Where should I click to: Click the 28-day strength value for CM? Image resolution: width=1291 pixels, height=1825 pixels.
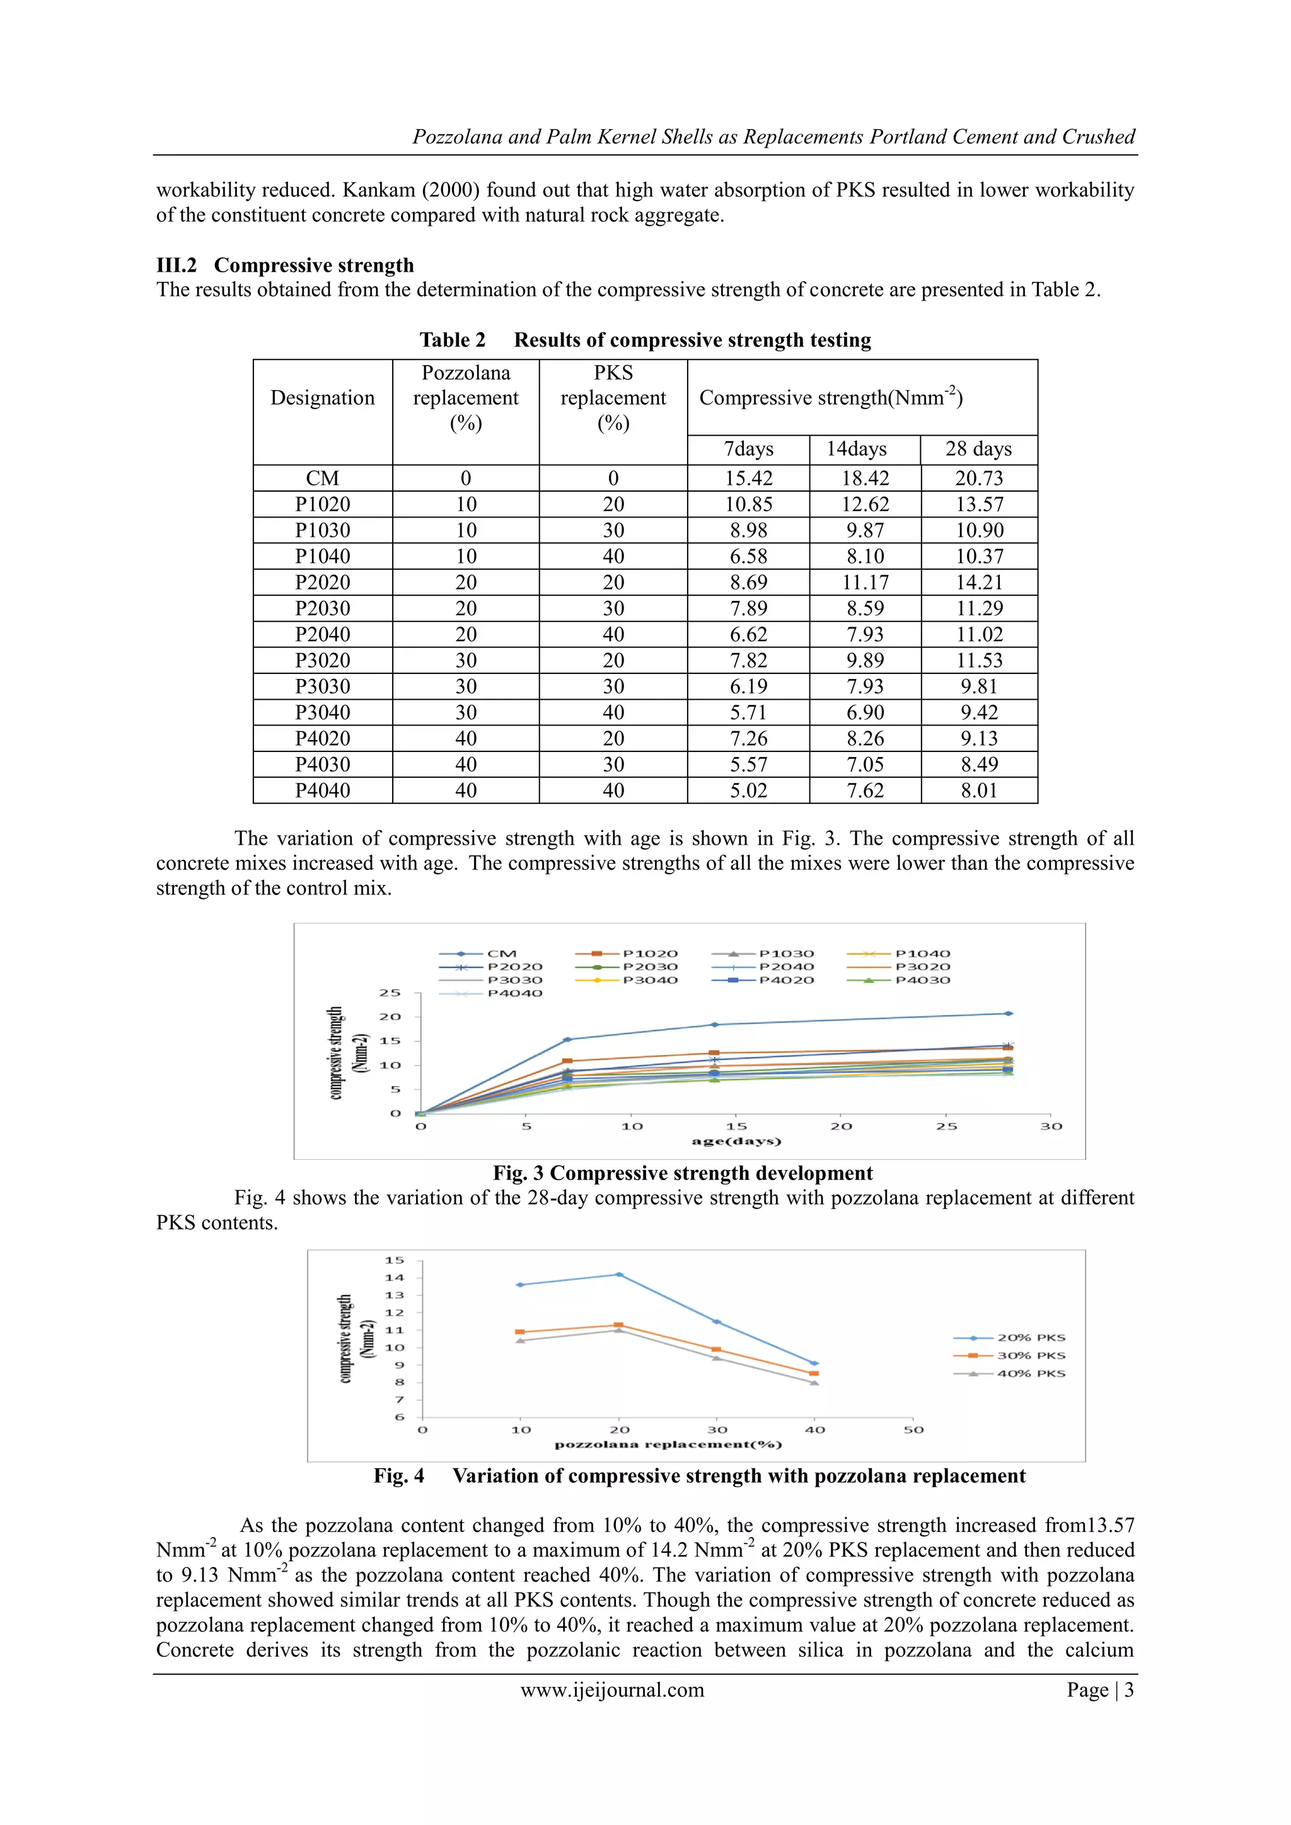point(978,478)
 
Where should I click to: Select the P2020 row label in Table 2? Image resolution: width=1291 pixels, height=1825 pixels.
point(322,582)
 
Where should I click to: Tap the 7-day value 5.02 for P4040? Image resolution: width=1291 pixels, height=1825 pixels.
point(748,791)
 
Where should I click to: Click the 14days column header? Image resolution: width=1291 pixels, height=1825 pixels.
point(856,449)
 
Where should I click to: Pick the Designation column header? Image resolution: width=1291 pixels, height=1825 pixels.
point(322,398)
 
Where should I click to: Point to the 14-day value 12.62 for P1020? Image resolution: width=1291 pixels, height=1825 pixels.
point(864,505)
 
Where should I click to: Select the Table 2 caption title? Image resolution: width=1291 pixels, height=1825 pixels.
point(645,340)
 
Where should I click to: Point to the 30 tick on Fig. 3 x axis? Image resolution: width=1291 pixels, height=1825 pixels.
point(1051,1127)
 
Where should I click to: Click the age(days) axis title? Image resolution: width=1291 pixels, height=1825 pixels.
point(736,1142)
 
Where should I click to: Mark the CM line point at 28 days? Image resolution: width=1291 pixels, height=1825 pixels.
point(1009,1014)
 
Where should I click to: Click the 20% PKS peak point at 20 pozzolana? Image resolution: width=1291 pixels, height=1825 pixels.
point(619,1274)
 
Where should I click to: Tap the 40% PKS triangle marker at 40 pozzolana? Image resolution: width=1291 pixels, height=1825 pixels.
point(814,1382)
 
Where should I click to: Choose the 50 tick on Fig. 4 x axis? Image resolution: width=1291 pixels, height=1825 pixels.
point(913,1429)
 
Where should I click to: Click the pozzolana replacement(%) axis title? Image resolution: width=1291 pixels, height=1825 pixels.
point(668,1444)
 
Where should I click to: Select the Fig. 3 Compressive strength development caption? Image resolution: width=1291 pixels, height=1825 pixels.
point(682,1173)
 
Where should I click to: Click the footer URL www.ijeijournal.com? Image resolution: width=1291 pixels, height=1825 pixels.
point(612,1690)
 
